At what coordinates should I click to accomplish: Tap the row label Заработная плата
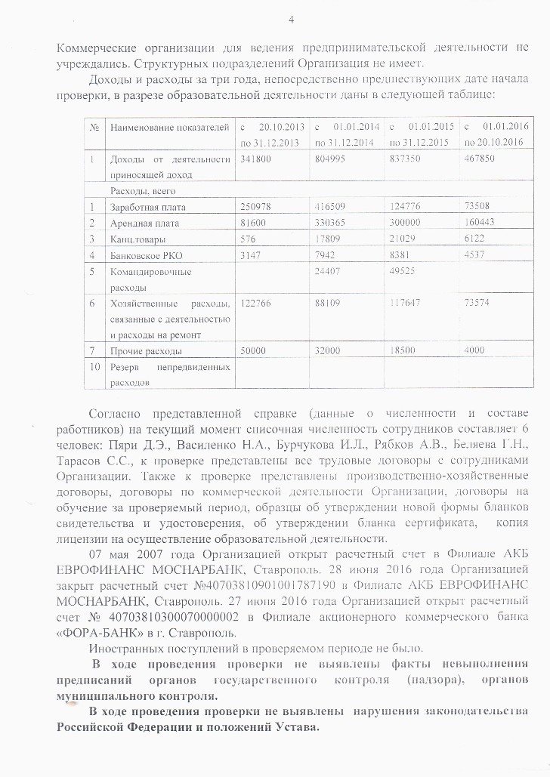coord(147,207)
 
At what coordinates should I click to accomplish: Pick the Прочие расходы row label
coord(146,351)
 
